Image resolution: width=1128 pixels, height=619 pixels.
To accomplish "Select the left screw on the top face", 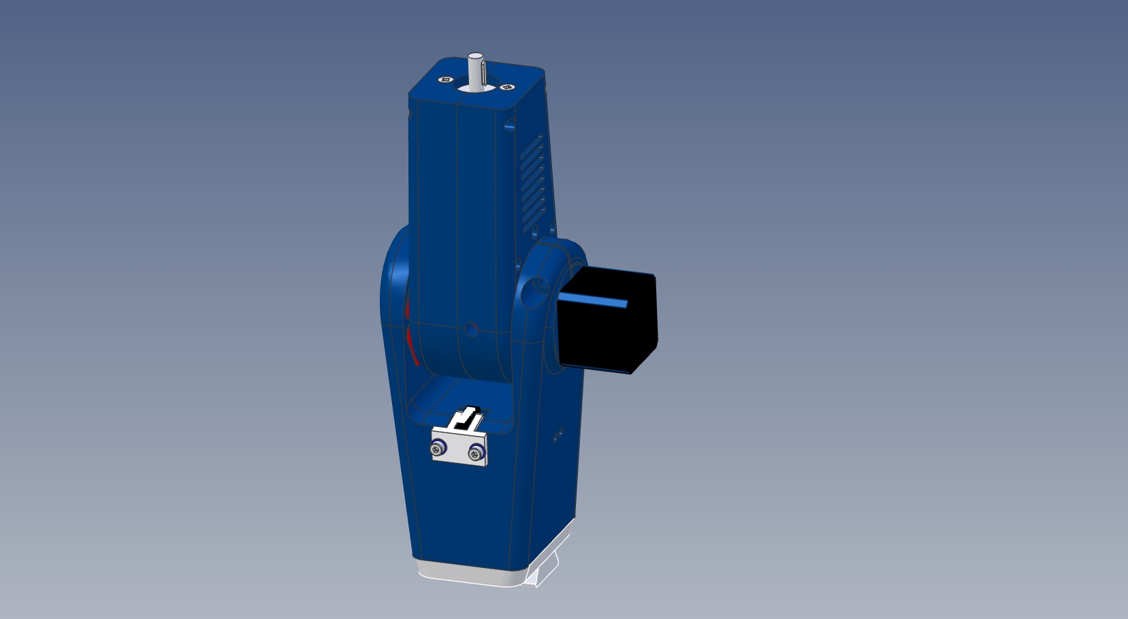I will (447, 80).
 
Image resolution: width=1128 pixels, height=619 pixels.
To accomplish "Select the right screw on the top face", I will (506, 87).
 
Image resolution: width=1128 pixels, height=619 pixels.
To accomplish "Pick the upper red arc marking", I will (408, 308).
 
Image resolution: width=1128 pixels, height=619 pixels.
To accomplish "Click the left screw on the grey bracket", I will (438, 448).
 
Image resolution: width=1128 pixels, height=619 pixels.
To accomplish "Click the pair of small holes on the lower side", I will (558, 434).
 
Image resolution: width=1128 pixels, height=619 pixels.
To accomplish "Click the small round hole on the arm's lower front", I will (471, 330).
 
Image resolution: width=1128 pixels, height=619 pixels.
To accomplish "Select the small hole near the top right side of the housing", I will (510, 127).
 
